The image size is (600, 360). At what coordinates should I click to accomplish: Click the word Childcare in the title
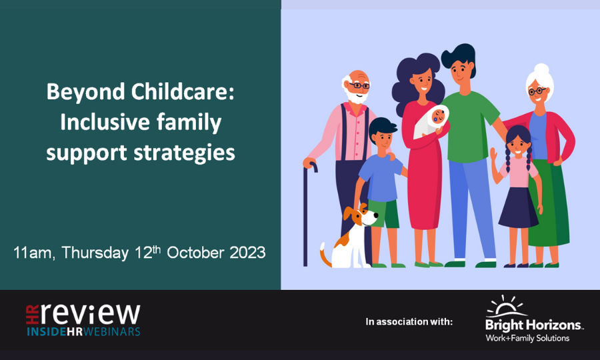click(182, 92)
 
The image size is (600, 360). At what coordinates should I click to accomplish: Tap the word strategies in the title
click(184, 154)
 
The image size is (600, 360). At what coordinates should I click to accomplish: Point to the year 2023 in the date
click(247, 253)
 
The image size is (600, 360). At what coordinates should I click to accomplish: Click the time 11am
click(32, 253)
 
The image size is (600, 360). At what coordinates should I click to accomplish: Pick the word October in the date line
click(195, 253)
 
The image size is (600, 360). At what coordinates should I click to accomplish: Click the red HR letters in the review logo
click(33, 314)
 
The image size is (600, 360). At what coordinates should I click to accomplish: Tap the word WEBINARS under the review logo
click(112, 331)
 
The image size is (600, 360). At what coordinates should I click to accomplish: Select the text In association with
click(409, 322)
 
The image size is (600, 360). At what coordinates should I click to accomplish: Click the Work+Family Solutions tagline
click(527, 338)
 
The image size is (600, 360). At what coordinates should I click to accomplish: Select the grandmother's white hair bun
click(541, 70)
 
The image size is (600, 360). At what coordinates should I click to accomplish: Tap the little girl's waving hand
click(494, 154)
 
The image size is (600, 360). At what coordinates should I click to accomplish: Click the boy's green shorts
click(384, 214)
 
